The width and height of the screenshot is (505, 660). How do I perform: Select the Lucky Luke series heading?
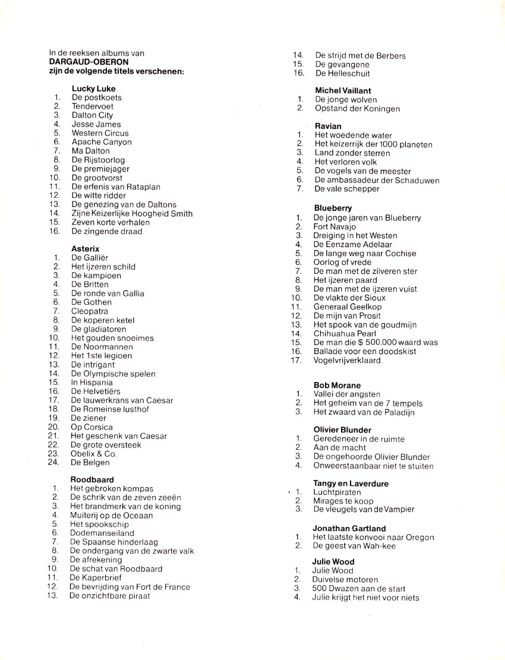(x=93, y=89)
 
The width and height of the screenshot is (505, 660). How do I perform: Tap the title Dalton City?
(x=92, y=115)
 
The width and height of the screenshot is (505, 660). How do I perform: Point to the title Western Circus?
(x=100, y=133)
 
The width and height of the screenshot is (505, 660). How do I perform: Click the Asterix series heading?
(x=85, y=248)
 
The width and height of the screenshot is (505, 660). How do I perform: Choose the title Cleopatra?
(x=89, y=311)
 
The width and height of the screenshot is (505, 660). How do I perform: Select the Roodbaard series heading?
(x=92, y=479)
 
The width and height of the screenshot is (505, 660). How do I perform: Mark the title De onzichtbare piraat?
(x=109, y=595)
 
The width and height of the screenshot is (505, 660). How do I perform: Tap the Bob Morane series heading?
(x=337, y=385)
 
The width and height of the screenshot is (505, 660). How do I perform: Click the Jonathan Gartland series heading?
(x=349, y=528)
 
